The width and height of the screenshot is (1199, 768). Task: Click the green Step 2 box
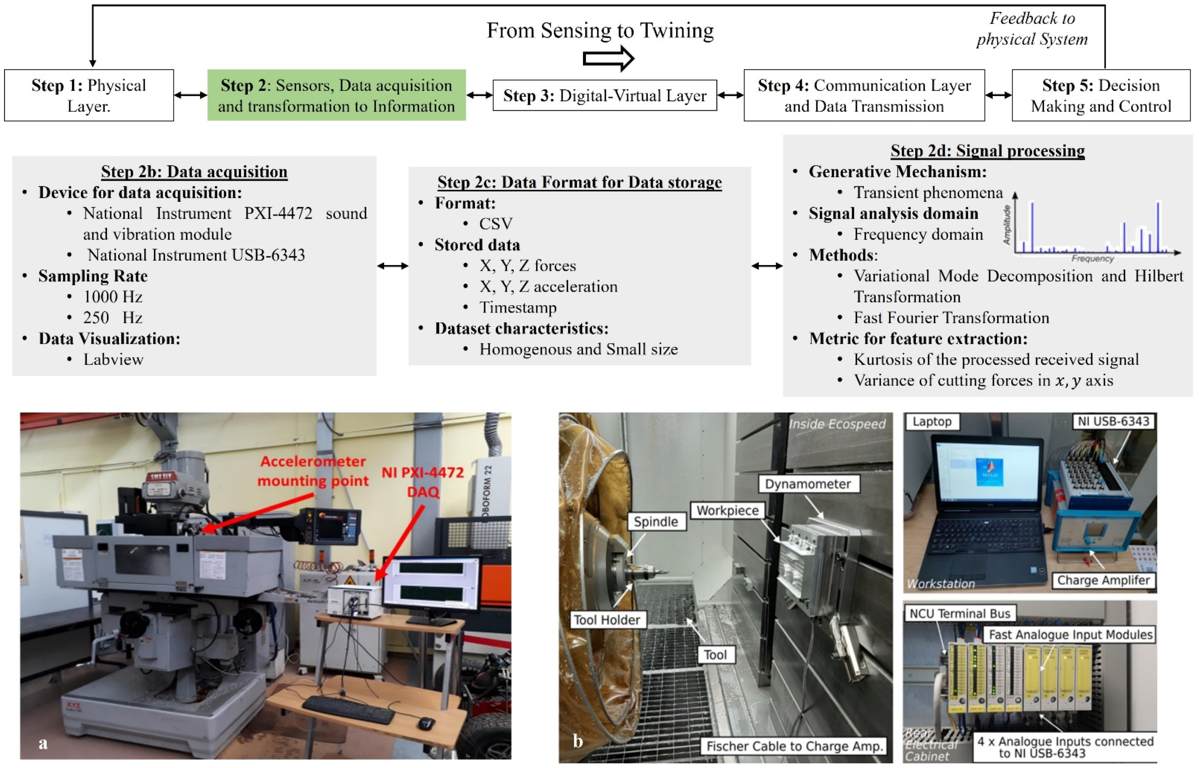337,95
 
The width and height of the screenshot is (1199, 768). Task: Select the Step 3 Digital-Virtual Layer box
604,95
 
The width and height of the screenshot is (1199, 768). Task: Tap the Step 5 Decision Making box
1101,95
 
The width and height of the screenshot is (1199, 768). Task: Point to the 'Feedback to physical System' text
1032,29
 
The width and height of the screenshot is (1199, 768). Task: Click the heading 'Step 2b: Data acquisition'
194,172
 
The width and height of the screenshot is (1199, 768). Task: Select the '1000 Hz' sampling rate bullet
113,297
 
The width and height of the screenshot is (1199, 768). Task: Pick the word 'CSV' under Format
496,224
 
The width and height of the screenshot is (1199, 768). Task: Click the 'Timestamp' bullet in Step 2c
518,307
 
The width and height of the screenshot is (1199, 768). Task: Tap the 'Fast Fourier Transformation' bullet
951,318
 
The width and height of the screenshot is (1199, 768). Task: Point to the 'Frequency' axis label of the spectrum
1092,258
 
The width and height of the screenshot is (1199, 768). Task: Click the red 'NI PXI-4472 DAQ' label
423,482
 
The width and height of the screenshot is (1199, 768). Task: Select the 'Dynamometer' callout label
808,484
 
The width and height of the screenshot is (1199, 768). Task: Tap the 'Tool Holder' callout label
607,620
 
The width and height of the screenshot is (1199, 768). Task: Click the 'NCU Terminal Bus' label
960,614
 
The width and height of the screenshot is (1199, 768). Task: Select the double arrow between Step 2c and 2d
767,266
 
